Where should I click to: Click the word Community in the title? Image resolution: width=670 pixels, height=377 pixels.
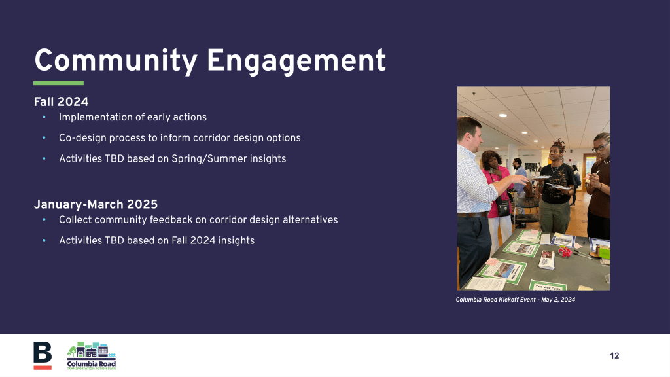point(116,61)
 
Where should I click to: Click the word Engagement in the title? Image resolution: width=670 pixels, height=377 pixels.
point(296,61)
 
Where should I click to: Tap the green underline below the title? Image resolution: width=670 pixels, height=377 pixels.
point(58,83)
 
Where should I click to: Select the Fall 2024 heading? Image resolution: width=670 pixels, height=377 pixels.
point(61,101)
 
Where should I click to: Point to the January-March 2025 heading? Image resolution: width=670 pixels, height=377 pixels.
point(96,204)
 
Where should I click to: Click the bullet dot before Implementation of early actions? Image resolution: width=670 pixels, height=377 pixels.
point(44,117)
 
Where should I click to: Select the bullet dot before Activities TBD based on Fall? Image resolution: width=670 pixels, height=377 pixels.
point(44,240)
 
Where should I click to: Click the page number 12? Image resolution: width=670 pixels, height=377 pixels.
point(614,355)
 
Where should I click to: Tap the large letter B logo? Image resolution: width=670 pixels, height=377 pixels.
point(43,355)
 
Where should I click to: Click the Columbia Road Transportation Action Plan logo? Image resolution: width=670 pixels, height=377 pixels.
point(92,355)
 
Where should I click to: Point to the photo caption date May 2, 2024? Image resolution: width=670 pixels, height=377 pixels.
point(558,300)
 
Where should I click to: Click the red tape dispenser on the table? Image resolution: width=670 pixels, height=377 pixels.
point(565,251)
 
